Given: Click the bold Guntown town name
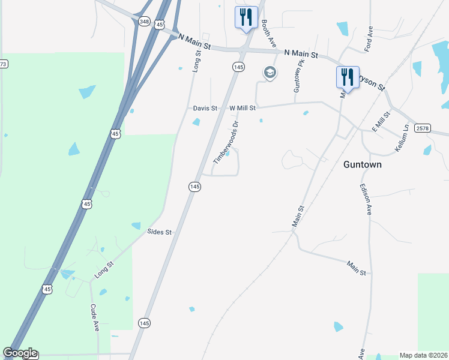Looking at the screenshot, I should click(363, 164).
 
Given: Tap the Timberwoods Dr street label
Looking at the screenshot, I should click(226, 143).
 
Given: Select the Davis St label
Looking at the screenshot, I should click(205, 108).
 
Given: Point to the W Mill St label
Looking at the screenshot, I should click(243, 108).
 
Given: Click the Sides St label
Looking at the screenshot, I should click(160, 232).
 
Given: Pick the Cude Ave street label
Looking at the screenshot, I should click(95, 317).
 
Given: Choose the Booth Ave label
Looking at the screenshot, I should click(268, 33).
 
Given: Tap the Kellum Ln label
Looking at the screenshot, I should click(401, 138).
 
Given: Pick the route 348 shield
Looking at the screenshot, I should click(143, 22).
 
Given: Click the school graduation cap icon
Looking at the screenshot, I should click(270, 73).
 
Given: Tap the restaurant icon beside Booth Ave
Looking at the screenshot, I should click(246, 17).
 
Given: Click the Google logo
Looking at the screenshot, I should click(20, 353).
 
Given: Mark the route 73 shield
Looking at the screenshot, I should click(3, 64).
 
